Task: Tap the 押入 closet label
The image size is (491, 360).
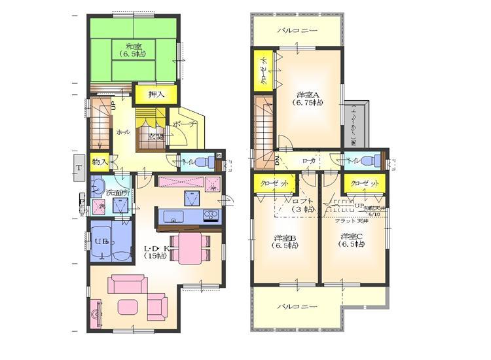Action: click(x=155, y=95)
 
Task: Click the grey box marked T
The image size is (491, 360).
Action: click(x=79, y=168)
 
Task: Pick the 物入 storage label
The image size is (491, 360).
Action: click(x=100, y=161)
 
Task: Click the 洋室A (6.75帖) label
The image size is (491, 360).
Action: click(x=308, y=98)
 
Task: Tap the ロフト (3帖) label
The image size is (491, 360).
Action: click(x=304, y=205)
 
